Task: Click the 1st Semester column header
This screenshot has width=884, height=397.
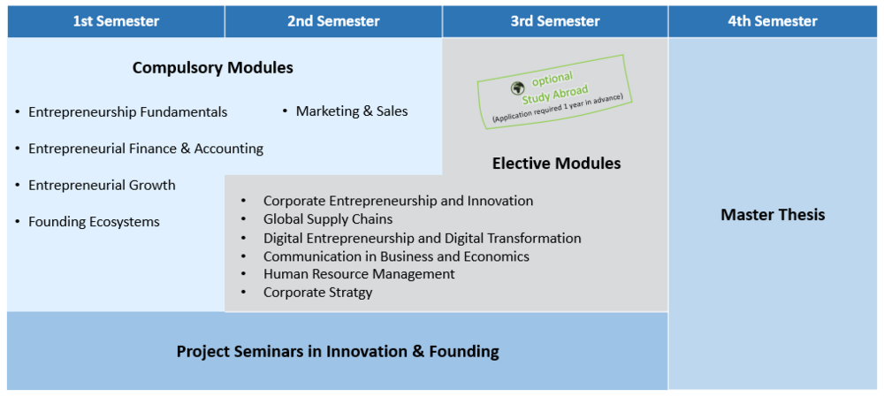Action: [116, 21]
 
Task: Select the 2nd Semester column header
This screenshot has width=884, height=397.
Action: [333, 21]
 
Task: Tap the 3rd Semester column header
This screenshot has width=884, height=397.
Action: [555, 21]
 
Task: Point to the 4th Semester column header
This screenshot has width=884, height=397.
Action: [773, 21]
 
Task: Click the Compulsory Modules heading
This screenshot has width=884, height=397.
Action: [212, 68]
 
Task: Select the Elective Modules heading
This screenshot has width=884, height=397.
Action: [556, 164]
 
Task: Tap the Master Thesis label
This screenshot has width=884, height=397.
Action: [773, 215]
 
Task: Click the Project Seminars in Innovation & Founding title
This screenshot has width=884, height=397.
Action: [338, 352]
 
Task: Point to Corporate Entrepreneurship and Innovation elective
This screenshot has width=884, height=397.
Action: [398, 201]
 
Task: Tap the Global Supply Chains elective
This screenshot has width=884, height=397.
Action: [328, 218]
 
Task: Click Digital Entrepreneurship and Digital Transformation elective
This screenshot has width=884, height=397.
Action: [423, 238]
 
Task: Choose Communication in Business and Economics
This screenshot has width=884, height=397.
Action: [396, 256]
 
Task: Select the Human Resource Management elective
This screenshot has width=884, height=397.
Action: [359, 274]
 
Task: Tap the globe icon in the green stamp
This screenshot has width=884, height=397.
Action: [517, 88]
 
